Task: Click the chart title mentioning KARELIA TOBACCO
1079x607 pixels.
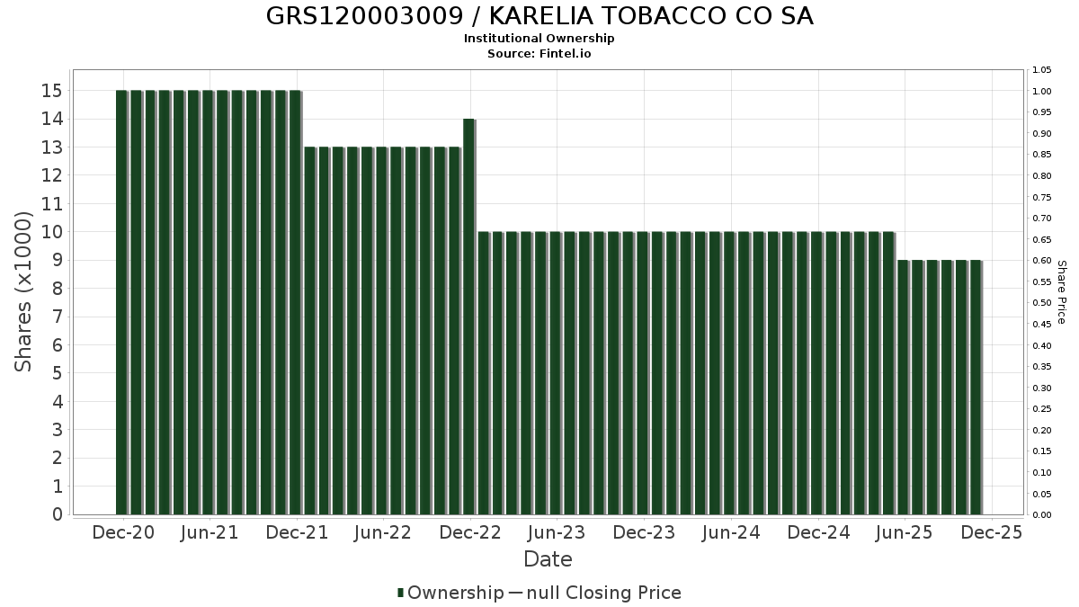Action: (539, 16)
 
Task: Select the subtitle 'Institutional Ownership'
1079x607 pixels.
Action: (539, 39)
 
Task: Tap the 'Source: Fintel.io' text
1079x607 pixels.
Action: (539, 54)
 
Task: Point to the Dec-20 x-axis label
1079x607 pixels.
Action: (123, 532)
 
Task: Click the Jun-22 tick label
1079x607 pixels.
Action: (383, 532)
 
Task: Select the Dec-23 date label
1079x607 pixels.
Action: (644, 532)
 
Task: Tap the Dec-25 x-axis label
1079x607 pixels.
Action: (992, 532)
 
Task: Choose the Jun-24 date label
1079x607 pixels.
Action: (730, 532)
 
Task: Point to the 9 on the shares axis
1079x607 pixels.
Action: (56, 260)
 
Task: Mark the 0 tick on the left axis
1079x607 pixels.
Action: (56, 514)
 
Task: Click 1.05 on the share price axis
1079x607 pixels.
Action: (1042, 70)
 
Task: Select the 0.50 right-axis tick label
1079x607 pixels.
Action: (1042, 303)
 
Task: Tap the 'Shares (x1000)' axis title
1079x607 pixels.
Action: (24, 291)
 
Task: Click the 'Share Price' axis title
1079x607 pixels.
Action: (1061, 291)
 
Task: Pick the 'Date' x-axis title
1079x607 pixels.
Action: (548, 559)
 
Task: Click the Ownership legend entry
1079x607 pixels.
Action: (450, 593)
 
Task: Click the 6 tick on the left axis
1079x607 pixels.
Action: (56, 345)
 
